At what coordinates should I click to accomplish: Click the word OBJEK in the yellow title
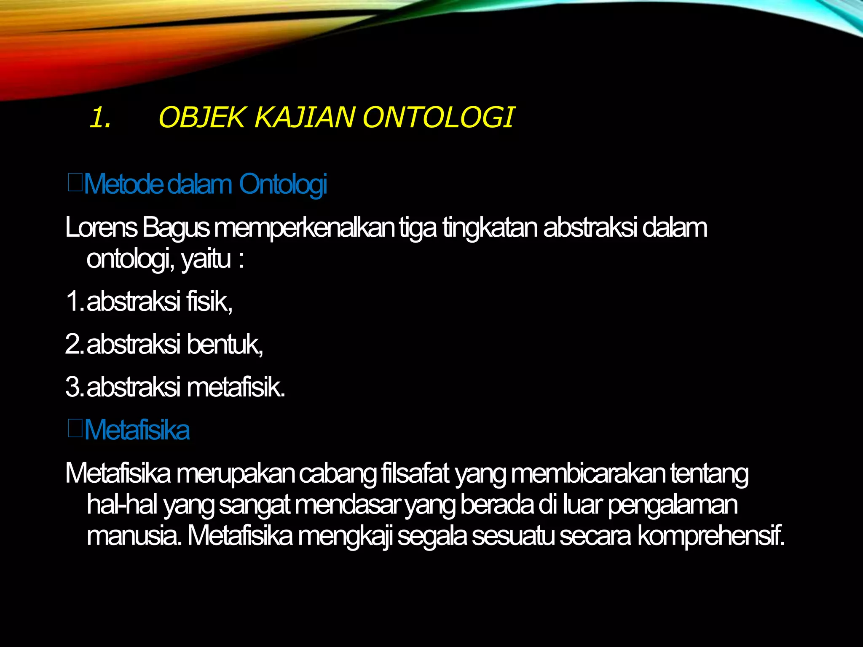click(x=201, y=117)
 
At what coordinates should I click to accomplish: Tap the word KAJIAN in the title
click(x=305, y=117)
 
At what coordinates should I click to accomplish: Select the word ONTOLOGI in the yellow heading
click(x=438, y=117)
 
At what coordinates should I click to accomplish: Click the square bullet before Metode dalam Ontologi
click(x=75, y=184)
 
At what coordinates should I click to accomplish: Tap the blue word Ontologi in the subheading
click(x=283, y=184)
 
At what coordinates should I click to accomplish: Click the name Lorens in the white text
click(x=101, y=227)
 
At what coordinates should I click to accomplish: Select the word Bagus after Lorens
click(x=175, y=228)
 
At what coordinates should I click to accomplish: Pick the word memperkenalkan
click(x=304, y=228)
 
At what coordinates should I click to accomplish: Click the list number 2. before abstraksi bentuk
click(x=74, y=344)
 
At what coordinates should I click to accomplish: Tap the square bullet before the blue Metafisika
click(x=75, y=429)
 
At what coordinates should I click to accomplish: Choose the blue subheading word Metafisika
click(x=137, y=430)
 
